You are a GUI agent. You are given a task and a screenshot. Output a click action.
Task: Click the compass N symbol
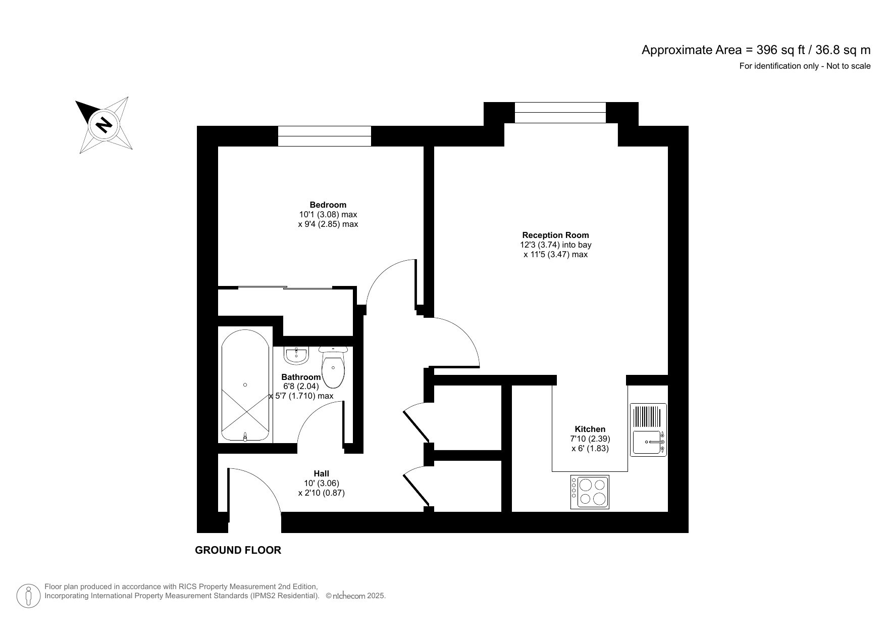pyautogui.click(x=104, y=124)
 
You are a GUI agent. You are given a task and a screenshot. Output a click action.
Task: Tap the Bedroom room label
pyautogui.click(x=328, y=205)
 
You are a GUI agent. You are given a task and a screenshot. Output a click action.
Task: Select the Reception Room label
pyautogui.click(x=555, y=235)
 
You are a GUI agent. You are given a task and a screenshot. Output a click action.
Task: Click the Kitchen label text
pyautogui.click(x=590, y=429)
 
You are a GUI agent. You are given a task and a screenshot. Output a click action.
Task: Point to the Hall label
pyautogui.click(x=321, y=473)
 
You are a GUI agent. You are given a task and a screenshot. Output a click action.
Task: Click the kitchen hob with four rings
pyautogui.click(x=590, y=492)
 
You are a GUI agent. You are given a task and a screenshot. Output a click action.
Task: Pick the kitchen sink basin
pyautogui.click(x=647, y=443)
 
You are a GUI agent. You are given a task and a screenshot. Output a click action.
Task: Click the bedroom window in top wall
pyautogui.click(x=324, y=136)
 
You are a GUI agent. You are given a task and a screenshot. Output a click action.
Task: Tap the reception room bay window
pyautogui.click(x=560, y=112)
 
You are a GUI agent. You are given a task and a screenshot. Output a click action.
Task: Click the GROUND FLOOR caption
pyautogui.click(x=238, y=550)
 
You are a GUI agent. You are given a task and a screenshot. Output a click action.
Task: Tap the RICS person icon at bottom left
pyautogui.click(x=29, y=596)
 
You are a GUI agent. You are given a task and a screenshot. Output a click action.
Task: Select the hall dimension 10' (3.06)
pyautogui.click(x=321, y=483)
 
